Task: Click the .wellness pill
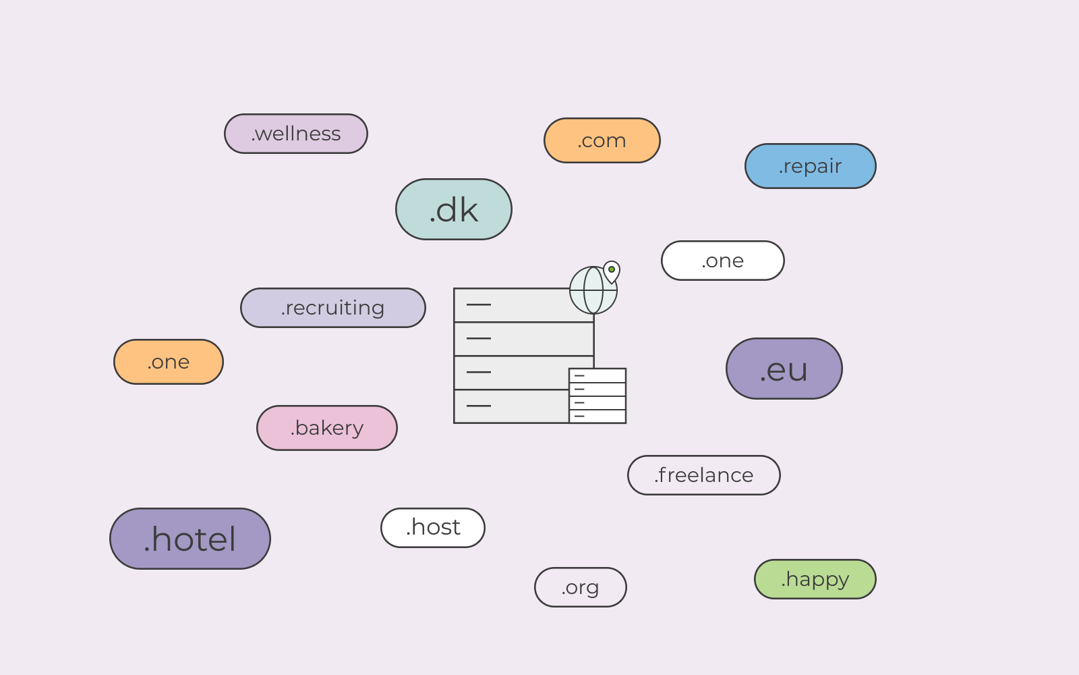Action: (x=296, y=134)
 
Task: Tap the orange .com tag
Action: (x=602, y=140)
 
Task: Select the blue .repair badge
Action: (x=810, y=166)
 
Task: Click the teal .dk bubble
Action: (x=453, y=209)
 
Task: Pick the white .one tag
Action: (x=722, y=261)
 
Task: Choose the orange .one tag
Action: (x=168, y=362)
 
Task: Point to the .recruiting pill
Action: (x=333, y=308)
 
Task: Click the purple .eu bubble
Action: (x=784, y=369)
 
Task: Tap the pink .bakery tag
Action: (x=326, y=428)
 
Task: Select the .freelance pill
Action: (x=704, y=475)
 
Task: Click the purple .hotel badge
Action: (x=189, y=539)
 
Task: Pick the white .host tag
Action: (x=432, y=527)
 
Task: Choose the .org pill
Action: (x=580, y=587)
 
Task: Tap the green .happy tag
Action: (x=815, y=579)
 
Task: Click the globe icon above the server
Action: (x=593, y=290)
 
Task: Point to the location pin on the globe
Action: (x=611, y=272)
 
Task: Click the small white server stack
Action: (x=597, y=396)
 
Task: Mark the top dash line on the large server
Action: (x=479, y=304)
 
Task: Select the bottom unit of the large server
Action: (x=511, y=406)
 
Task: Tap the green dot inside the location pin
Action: (x=611, y=269)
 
